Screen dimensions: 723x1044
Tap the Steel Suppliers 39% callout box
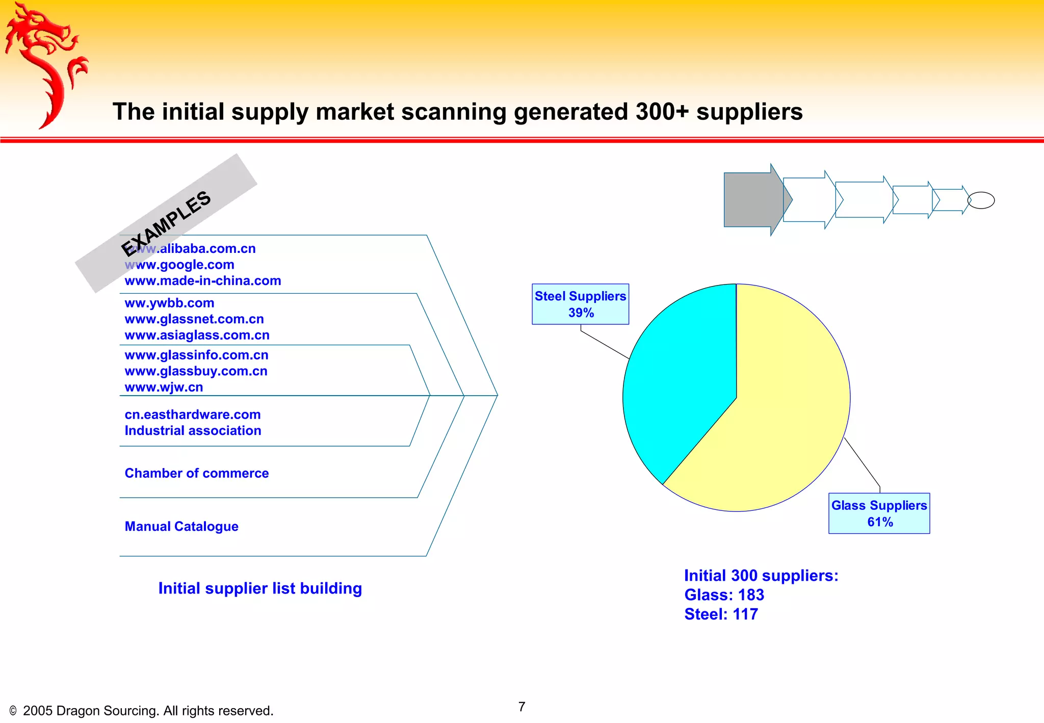click(580, 304)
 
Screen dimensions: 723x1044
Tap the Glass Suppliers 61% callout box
click(879, 513)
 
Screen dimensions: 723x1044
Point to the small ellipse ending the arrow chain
click(981, 200)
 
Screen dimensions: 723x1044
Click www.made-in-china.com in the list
click(203, 281)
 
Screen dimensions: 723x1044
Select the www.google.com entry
click(179, 265)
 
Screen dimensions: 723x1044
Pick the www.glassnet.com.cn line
click(194, 319)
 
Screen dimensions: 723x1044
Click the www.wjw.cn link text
click(164, 388)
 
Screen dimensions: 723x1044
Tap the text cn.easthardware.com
click(193, 415)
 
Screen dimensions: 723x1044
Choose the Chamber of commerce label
click(197, 473)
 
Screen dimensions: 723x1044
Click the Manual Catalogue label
click(181, 526)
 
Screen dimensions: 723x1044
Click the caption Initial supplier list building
click(260, 588)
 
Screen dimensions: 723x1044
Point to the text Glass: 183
click(724, 595)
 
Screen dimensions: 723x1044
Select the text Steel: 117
click(721, 614)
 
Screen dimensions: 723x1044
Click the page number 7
click(521, 707)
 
